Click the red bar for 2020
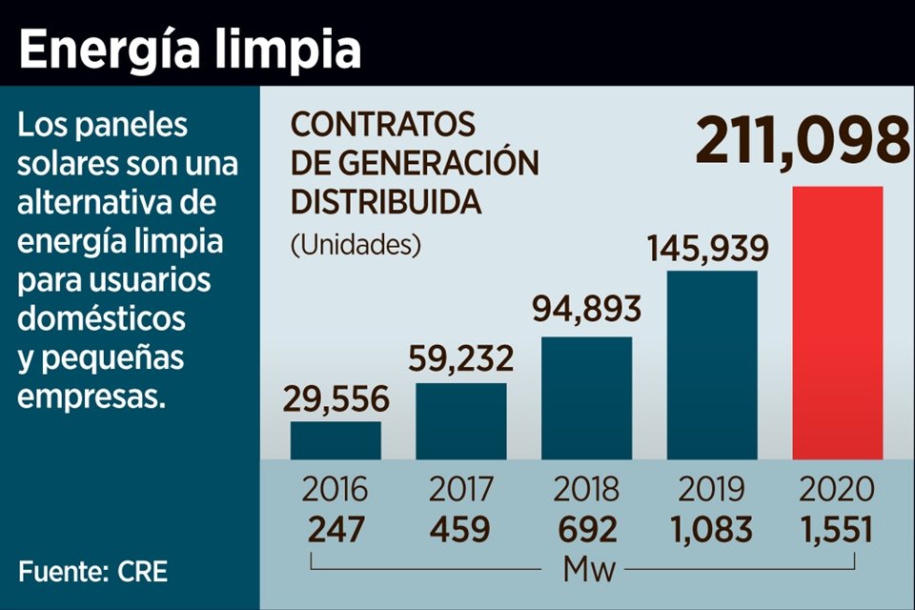tap(838, 322)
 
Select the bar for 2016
tap(335, 440)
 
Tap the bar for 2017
tap(461, 421)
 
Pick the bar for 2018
tap(586, 397)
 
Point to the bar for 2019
tap(712, 365)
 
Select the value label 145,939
tap(707, 248)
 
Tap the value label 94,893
tap(585, 312)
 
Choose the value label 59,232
tap(460, 359)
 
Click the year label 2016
tap(335, 489)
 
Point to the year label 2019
tap(711, 489)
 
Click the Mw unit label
tap(589, 571)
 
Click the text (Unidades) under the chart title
tap(356, 245)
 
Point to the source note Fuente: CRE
tap(92, 572)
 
